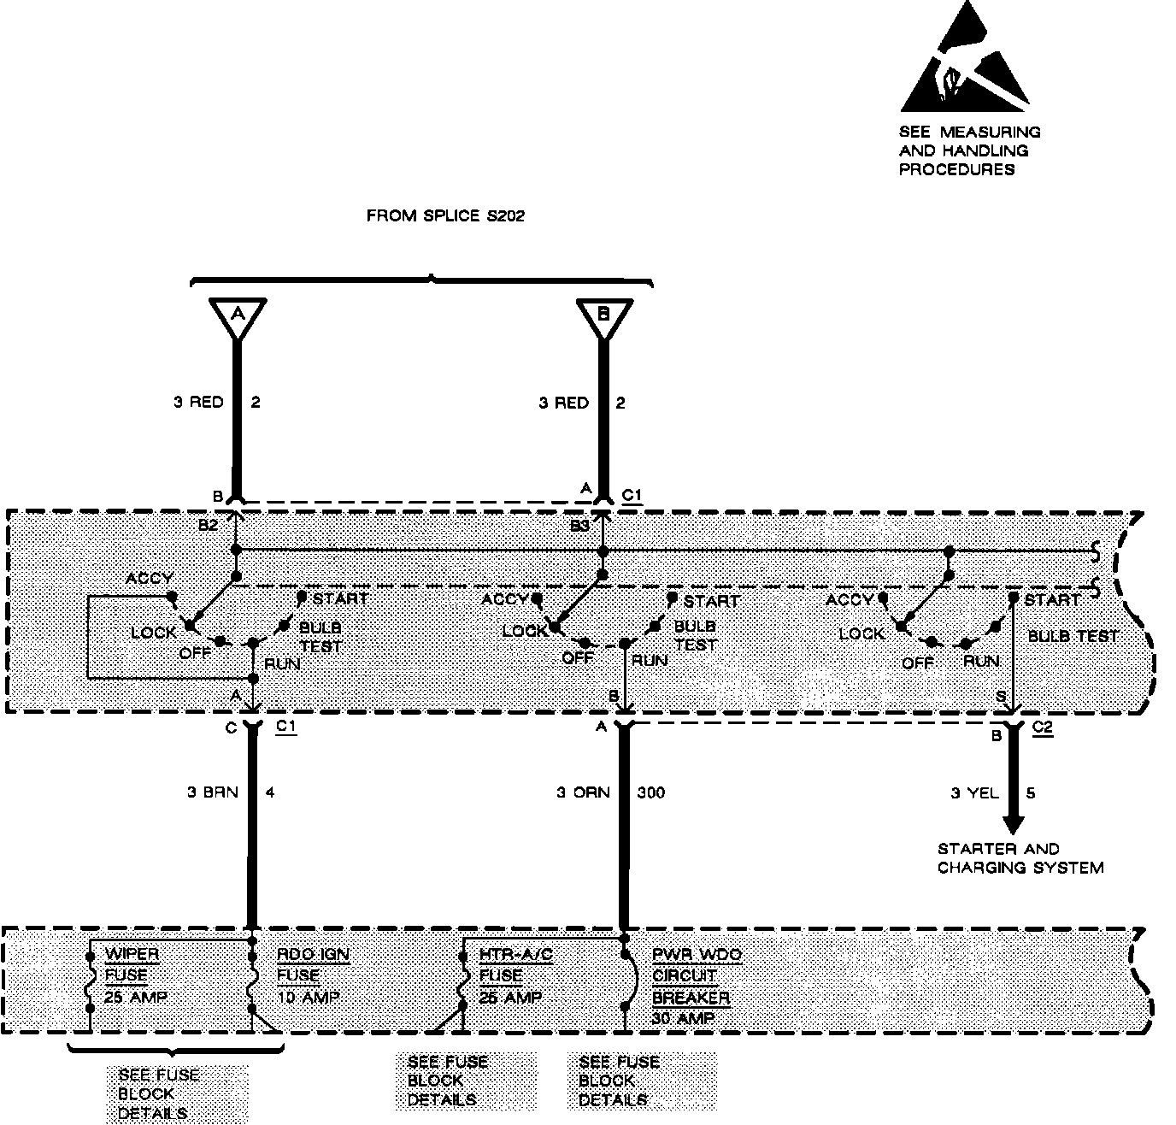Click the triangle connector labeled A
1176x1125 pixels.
point(238,315)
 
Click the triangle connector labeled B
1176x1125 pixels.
point(603,315)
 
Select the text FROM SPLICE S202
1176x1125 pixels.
point(445,216)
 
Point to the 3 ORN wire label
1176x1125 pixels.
point(583,792)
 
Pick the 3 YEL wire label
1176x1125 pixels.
point(974,793)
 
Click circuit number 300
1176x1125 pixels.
point(651,792)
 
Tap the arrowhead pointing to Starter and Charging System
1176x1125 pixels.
point(1013,824)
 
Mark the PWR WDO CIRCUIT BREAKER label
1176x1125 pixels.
point(697,987)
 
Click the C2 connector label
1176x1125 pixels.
point(1043,727)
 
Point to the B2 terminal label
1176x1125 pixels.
point(208,526)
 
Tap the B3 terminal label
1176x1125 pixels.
point(580,526)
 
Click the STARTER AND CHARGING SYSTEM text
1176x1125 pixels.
point(1020,858)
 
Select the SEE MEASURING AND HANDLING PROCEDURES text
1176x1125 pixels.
point(969,150)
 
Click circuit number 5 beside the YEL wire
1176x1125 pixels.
point(1031,793)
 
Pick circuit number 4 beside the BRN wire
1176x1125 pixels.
point(270,792)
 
